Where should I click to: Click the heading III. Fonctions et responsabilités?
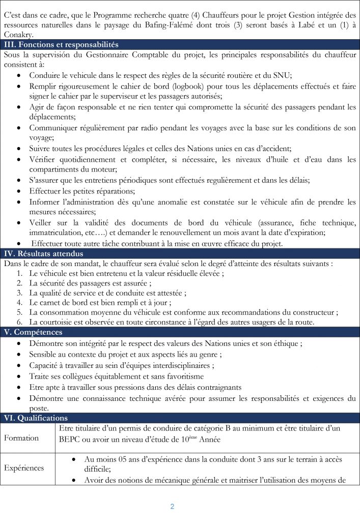coord(61,45)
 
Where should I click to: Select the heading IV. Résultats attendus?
coord(43,254)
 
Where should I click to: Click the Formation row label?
coord(21,438)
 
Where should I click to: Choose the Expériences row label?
coord(24,468)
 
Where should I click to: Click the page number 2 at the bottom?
coord(172,506)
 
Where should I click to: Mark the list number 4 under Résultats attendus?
coord(19,303)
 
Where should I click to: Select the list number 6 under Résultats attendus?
coord(19,322)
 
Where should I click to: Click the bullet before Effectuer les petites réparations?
coord(19,191)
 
